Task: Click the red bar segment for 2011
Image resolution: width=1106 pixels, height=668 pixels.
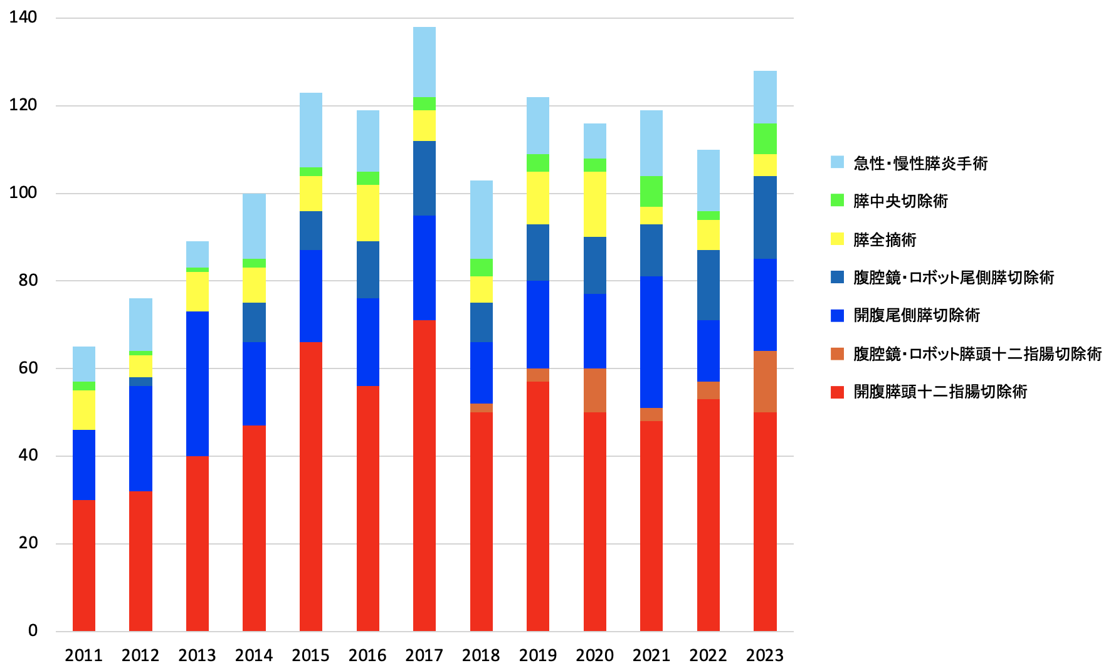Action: click(84, 564)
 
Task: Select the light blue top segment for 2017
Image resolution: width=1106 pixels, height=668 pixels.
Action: click(424, 61)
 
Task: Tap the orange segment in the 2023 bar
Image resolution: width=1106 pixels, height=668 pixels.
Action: click(765, 381)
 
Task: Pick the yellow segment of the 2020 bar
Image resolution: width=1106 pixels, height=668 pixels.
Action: click(595, 204)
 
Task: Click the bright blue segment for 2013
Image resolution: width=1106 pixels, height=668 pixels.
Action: click(197, 384)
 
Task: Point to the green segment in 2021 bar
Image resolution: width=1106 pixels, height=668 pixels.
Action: click(651, 191)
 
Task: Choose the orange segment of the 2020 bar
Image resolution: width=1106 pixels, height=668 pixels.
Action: click(595, 390)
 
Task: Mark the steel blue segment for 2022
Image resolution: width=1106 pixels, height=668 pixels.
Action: click(708, 285)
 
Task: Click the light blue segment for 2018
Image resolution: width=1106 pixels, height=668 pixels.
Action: click(482, 219)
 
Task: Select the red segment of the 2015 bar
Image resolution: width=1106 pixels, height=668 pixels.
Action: click(311, 486)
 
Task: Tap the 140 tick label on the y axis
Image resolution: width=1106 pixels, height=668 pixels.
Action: click(23, 17)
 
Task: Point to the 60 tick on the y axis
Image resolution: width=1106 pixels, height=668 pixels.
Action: click(28, 368)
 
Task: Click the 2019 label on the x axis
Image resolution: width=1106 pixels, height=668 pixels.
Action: click(538, 655)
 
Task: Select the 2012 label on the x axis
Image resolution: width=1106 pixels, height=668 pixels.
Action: click(140, 655)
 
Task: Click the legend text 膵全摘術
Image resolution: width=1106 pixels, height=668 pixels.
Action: click(885, 239)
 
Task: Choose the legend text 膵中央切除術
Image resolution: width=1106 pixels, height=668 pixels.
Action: click(900, 201)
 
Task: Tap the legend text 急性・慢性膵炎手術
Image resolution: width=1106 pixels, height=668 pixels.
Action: click(920, 163)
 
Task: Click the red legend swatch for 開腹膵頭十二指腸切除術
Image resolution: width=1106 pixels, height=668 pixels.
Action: click(837, 392)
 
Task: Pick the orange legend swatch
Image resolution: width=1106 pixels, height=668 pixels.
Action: click(837, 353)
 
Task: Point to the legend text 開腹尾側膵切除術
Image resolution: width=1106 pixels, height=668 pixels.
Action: click(916, 315)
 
